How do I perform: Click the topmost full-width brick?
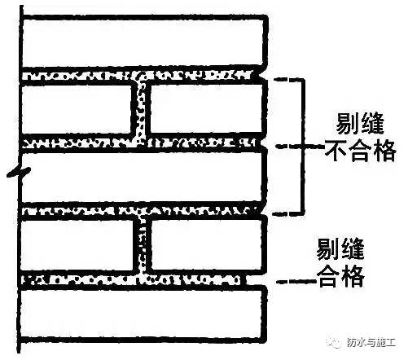click(144, 42)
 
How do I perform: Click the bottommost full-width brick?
click(143, 314)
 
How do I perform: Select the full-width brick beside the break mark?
click(143, 177)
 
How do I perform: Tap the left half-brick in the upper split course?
click(77, 110)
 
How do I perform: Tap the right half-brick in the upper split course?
click(206, 108)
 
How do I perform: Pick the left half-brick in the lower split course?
click(78, 245)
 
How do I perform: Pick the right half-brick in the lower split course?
click(208, 244)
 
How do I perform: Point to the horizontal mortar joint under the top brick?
click(137, 76)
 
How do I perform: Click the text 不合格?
click(361, 151)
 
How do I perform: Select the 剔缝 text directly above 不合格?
click(360, 124)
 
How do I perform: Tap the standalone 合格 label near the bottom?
click(341, 276)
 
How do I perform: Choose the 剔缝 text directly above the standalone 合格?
click(340, 249)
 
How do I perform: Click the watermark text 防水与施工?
click(371, 342)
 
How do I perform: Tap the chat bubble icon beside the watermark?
click(335, 342)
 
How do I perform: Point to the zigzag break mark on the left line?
click(19, 173)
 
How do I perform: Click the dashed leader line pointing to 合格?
click(296, 282)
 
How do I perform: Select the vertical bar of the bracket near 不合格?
click(303, 147)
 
